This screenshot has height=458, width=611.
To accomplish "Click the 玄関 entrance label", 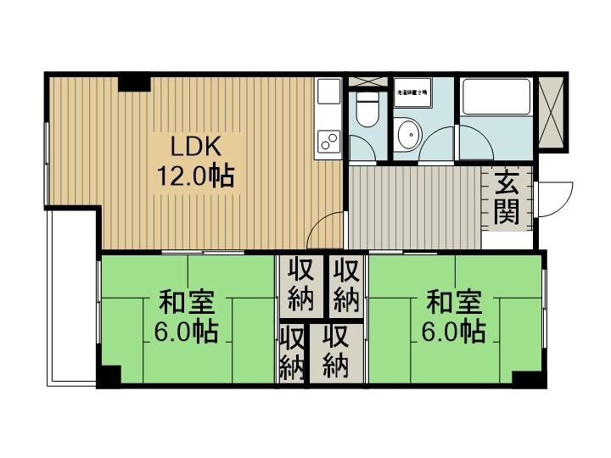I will pos(507,197).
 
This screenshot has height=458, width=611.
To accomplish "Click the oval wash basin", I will pos(411,134).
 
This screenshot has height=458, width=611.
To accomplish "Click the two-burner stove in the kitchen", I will pos(328,142).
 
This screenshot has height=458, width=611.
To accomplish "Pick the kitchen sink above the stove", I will pos(328,97).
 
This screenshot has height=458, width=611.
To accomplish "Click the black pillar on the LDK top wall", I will pos(134,82).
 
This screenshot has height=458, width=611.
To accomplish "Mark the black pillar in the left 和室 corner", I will pos(109,376).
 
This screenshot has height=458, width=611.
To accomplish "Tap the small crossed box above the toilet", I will pos(367,82).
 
